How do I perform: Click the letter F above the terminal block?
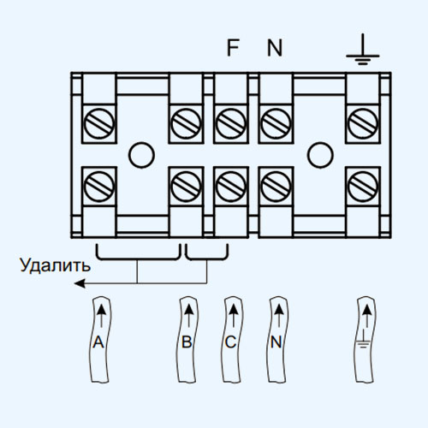point(233,48)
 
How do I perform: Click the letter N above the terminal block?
point(275,48)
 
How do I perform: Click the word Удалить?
point(55,265)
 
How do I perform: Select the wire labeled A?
point(99,340)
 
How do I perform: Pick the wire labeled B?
point(187,340)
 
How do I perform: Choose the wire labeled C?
point(231,340)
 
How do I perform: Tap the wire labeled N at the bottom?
point(277,340)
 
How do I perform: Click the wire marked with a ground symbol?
point(365,340)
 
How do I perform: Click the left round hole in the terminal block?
point(141,155)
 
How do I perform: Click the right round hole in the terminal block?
point(320,155)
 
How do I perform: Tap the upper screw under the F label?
point(231,123)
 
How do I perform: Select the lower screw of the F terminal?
point(231,187)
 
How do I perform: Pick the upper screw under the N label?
point(276,123)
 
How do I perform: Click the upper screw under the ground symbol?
point(363,123)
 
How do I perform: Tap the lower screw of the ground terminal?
point(363,187)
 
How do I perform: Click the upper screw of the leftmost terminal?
point(99,123)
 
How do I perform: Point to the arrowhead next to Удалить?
point(80,283)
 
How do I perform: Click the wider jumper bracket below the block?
point(139,259)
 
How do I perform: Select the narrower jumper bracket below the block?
point(206,259)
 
